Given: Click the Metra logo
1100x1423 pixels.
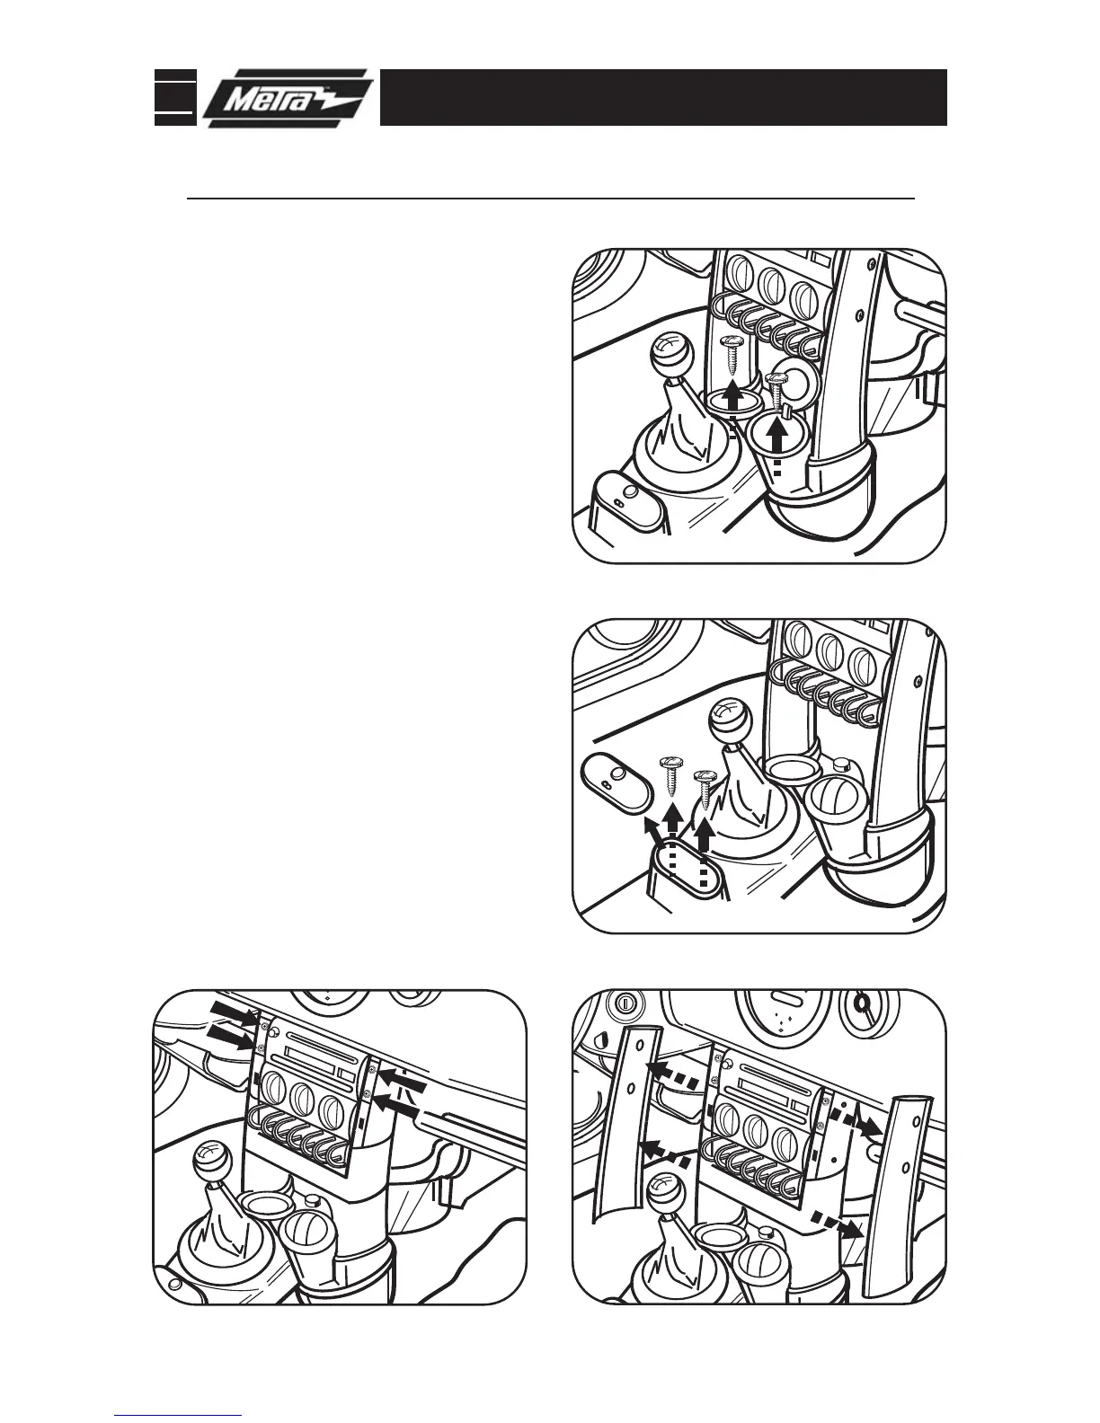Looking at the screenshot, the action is click(x=287, y=98).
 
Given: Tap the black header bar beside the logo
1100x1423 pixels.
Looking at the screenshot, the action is click(x=663, y=97).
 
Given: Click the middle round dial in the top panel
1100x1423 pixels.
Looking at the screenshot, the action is click(x=769, y=284).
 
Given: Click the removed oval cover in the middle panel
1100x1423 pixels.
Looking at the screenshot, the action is click(x=617, y=782).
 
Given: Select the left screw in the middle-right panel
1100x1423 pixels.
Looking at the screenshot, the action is click(x=671, y=773).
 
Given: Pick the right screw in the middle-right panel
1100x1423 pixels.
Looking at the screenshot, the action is click(x=705, y=783).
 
